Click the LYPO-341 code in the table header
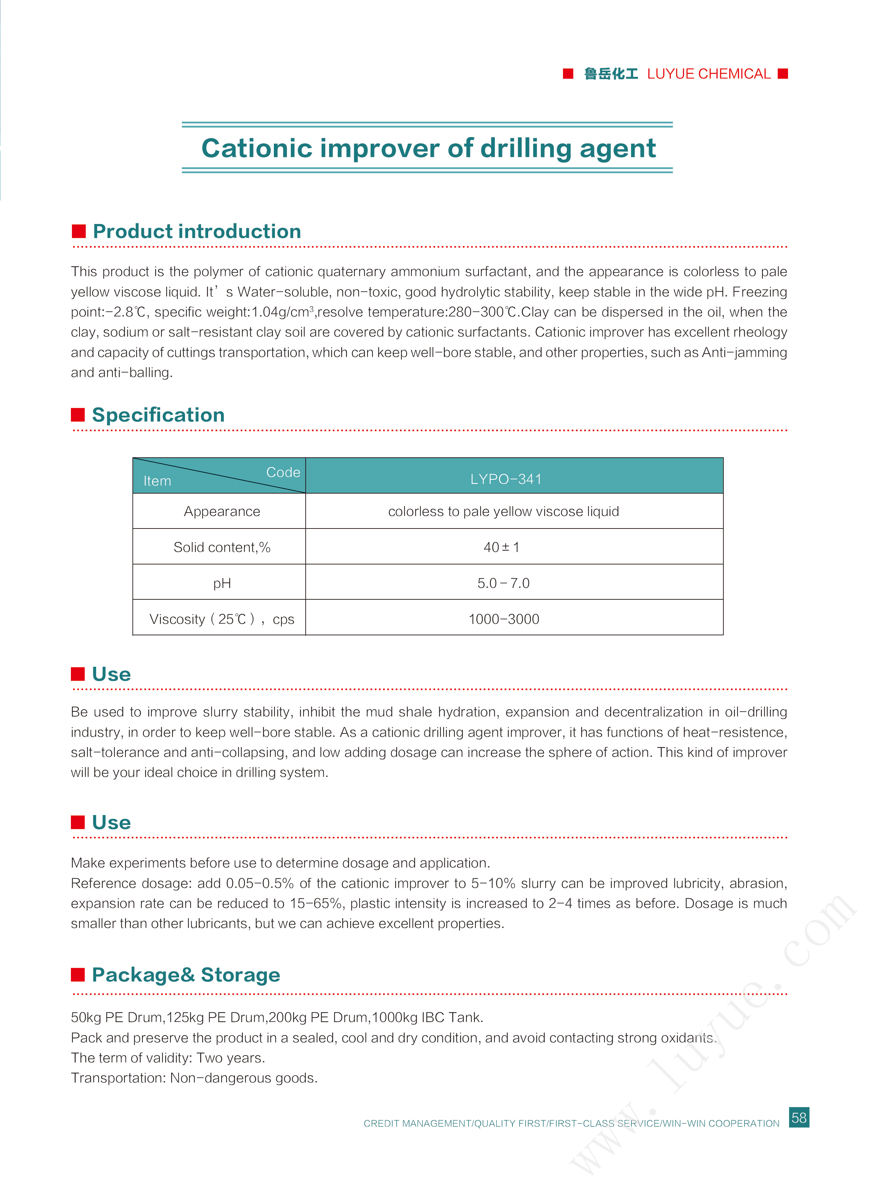[x=506, y=479]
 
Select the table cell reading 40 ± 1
[x=501, y=548]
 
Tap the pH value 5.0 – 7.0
[x=503, y=583]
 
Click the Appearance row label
[x=222, y=512]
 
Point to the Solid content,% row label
[x=222, y=548]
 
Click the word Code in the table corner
[x=283, y=472]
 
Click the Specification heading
[x=158, y=415]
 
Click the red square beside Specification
[x=78, y=415]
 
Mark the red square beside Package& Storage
[x=78, y=975]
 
